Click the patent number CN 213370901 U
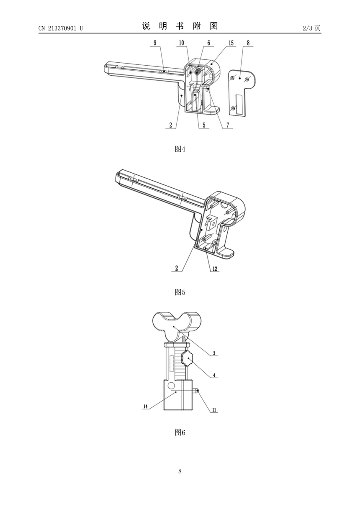click(x=61, y=28)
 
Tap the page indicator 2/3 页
click(x=311, y=28)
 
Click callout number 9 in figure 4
click(x=155, y=43)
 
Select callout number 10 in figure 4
click(x=182, y=43)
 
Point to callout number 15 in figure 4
click(x=231, y=43)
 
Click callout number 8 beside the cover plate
click(x=248, y=43)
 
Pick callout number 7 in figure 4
click(x=228, y=125)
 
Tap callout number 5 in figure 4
click(x=204, y=125)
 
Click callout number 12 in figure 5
click(x=215, y=269)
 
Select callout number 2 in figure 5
click(x=177, y=268)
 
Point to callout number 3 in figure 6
click(x=214, y=353)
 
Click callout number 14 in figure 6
click(x=146, y=406)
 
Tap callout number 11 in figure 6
click(x=214, y=410)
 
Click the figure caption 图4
click(x=180, y=149)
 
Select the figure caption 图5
click(x=180, y=292)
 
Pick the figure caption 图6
click(x=180, y=432)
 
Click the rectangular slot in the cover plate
click(x=239, y=104)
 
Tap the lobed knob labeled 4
click(x=187, y=359)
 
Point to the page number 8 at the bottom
click(x=180, y=471)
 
